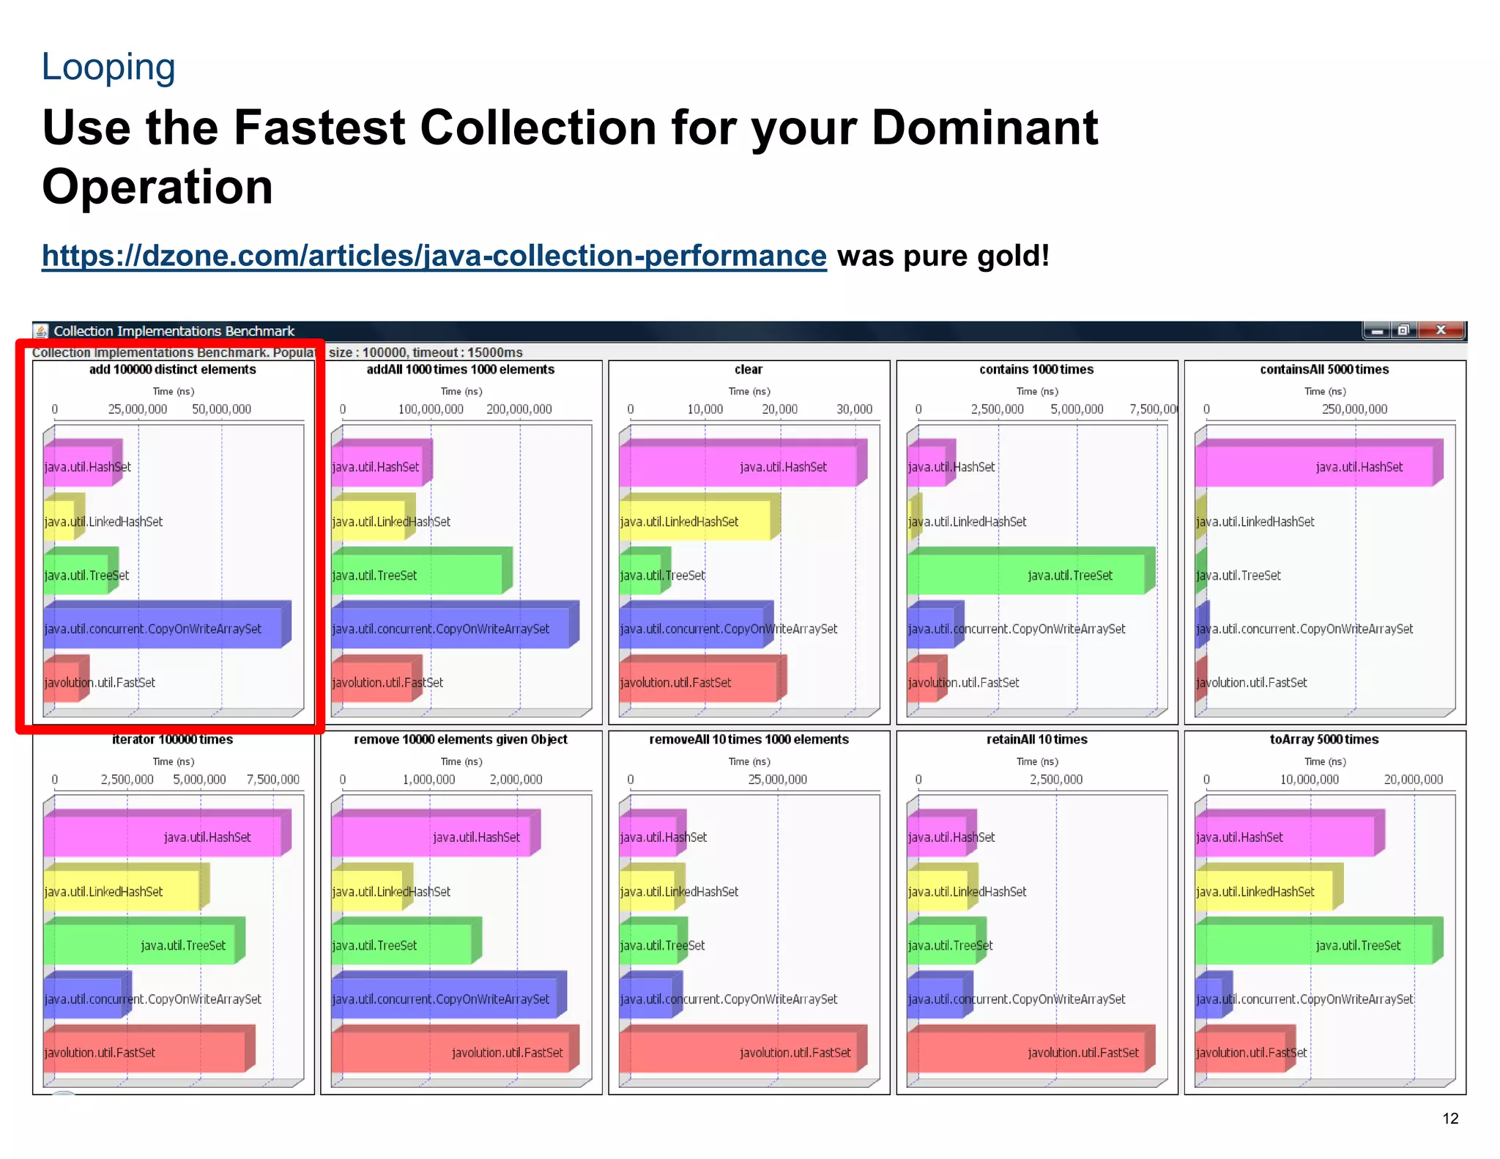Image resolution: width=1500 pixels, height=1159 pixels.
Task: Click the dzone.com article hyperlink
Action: click(434, 256)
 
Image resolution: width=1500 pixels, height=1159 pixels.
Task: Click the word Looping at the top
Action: click(108, 67)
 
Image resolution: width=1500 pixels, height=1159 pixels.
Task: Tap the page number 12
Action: click(1450, 1118)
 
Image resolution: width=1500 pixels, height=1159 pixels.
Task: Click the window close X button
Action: click(1441, 330)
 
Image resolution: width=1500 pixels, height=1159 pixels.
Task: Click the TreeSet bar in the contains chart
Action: click(1025, 575)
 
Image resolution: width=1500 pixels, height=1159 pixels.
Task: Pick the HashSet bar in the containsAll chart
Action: click(1314, 467)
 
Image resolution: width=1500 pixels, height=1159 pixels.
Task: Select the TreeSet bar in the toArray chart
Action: click(1314, 945)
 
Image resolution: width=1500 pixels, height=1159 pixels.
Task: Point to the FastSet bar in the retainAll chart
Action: click(1025, 1052)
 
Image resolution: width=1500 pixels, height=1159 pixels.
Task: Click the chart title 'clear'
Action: click(749, 369)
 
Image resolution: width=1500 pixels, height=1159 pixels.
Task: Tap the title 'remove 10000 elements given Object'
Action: click(461, 739)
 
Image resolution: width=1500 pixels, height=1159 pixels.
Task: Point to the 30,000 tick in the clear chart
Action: click(855, 409)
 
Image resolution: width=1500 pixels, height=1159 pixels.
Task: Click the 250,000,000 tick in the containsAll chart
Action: click(1354, 409)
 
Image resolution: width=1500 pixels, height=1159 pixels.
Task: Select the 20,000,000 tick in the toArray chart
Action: click(1413, 780)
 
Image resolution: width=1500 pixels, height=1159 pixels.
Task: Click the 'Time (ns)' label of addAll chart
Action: click(461, 391)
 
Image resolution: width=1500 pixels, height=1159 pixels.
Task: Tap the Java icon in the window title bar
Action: click(42, 331)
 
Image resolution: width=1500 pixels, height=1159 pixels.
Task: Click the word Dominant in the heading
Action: click(984, 128)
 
